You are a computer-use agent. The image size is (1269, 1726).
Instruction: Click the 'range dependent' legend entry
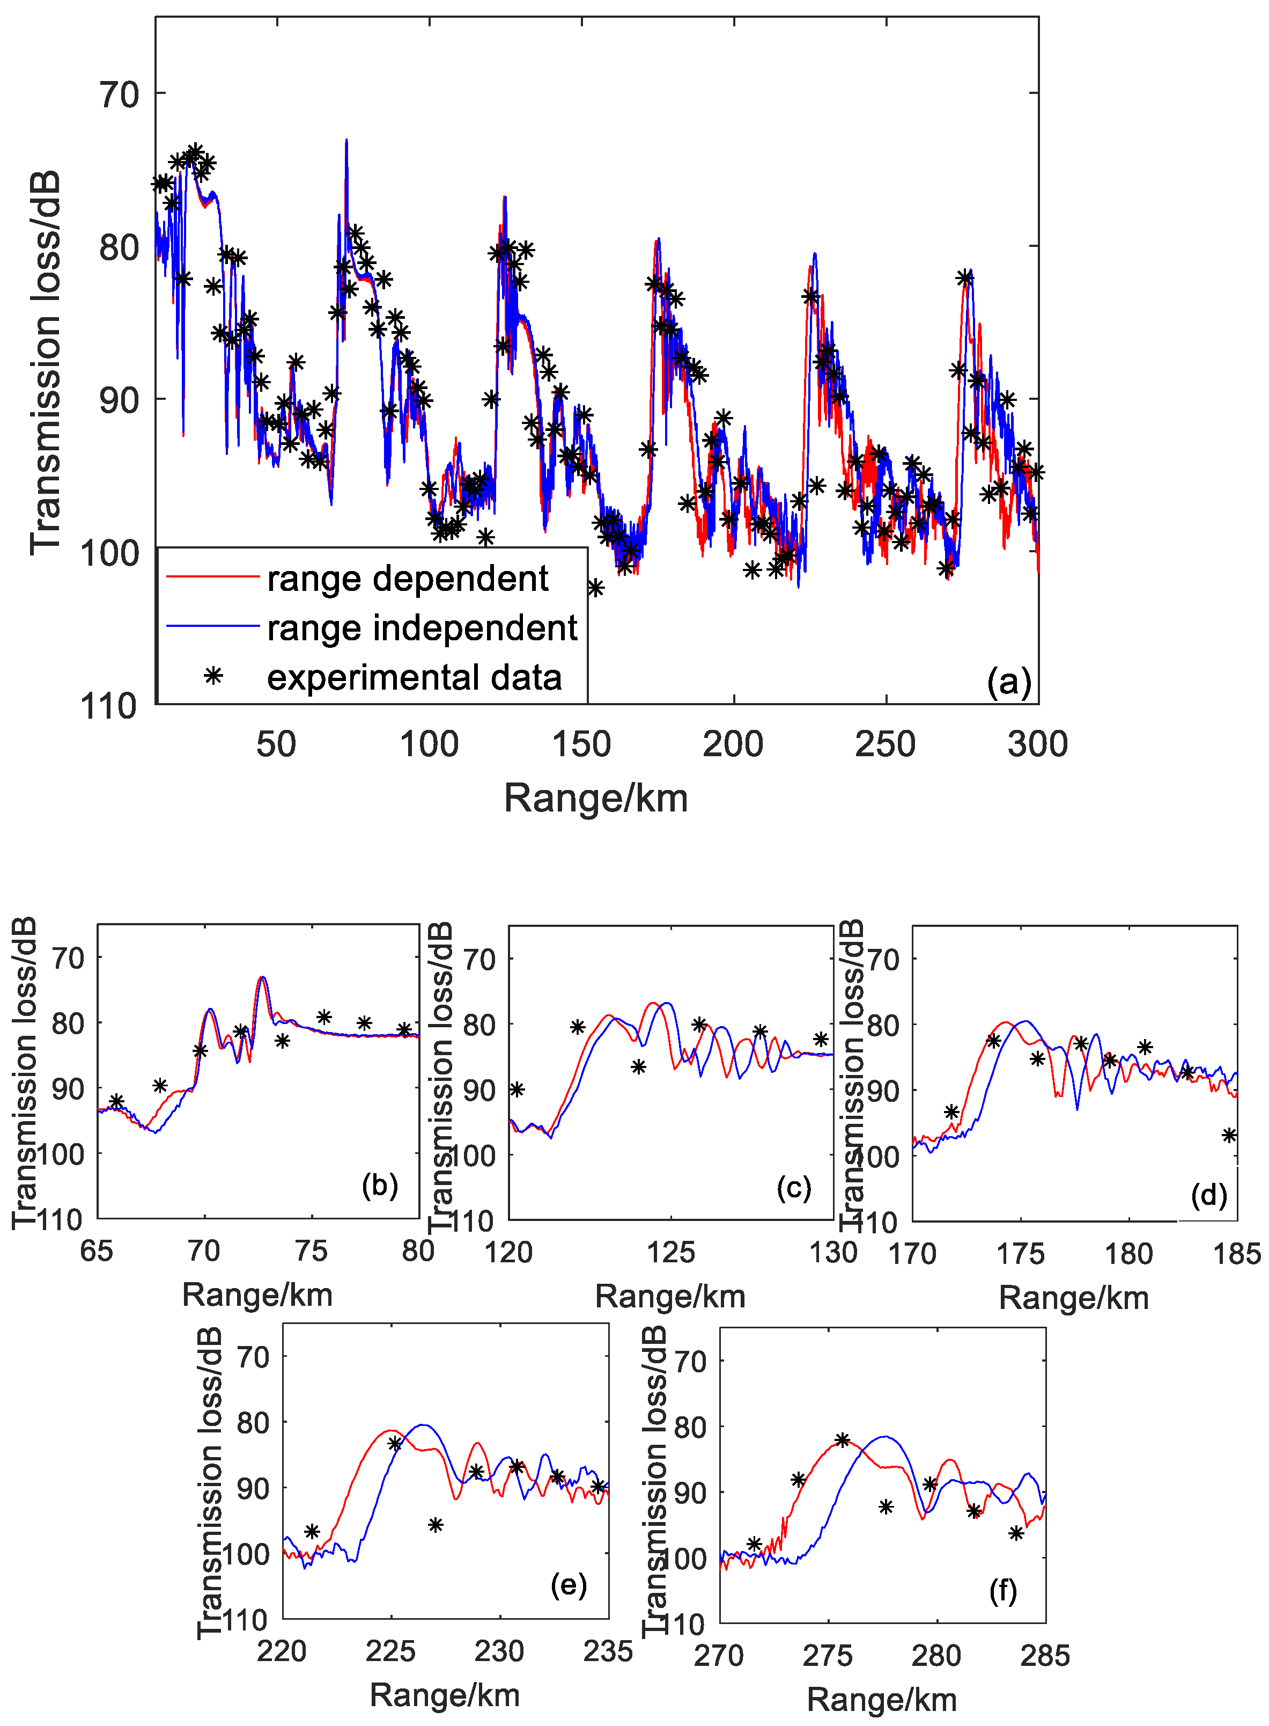(407, 579)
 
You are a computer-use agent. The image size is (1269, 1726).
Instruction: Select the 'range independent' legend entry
(422, 628)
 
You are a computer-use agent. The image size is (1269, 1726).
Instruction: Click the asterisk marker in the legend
(213, 676)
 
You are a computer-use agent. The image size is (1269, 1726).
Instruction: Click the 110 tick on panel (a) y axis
(108, 705)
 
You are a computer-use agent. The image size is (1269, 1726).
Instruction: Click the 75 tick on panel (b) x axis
(311, 1251)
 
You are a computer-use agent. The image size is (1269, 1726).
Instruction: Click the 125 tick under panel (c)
(670, 1253)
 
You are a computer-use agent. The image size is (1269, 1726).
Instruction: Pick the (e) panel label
(569, 1585)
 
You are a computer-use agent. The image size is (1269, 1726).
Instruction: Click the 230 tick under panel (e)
(499, 1651)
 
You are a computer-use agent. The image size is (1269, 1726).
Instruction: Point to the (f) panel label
(1002, 1590)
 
